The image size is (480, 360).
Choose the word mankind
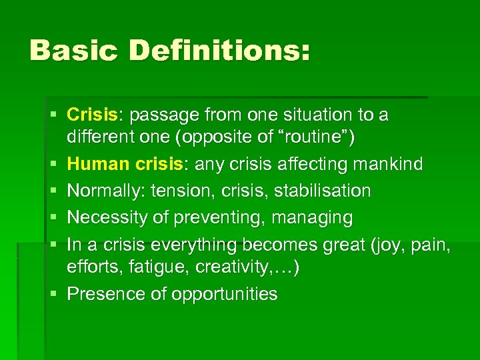[x=390, y=165]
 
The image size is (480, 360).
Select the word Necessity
[x=105, y=217]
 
